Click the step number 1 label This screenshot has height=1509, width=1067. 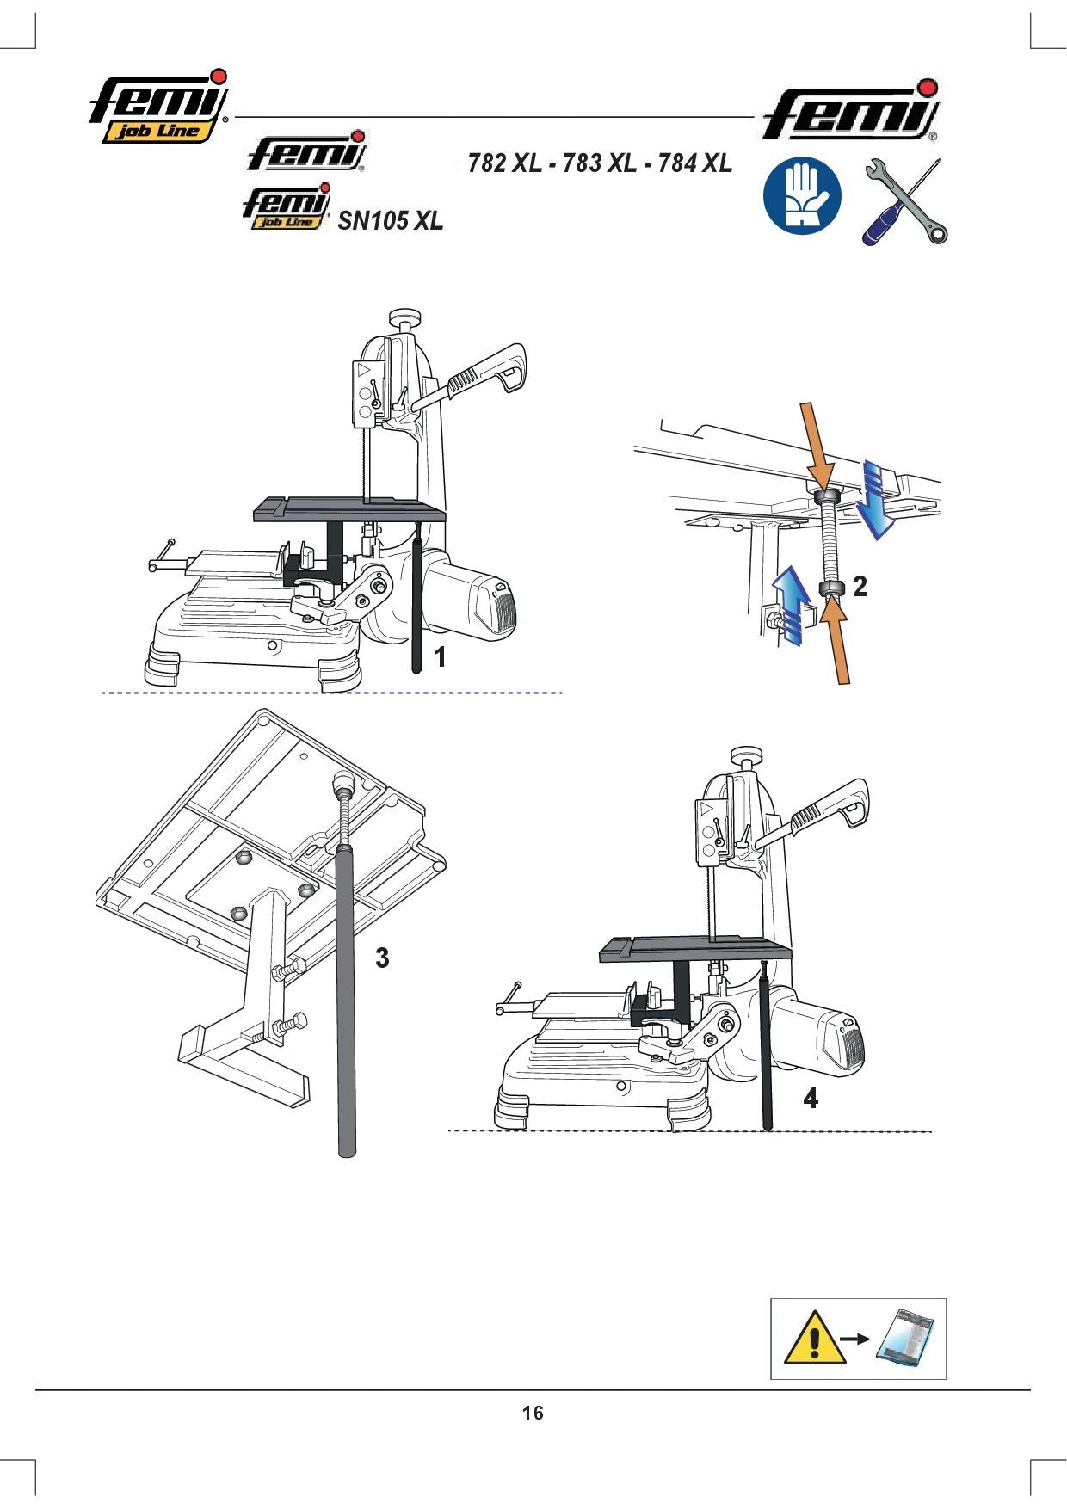(440, 657)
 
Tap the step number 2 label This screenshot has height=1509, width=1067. (859, 587)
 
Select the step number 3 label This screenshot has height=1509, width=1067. (382, 958)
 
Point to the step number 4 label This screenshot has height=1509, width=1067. (811, 1099)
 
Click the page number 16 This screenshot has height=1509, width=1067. (533, 1413)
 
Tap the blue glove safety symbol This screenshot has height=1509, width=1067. (803, 195)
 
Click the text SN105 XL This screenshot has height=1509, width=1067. (391, 221)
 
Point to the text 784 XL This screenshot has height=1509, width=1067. (695, 163)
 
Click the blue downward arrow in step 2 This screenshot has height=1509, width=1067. (877, 499)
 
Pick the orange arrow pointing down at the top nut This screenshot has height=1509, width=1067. (817, 445)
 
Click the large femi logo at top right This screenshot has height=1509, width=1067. (851, 111)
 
